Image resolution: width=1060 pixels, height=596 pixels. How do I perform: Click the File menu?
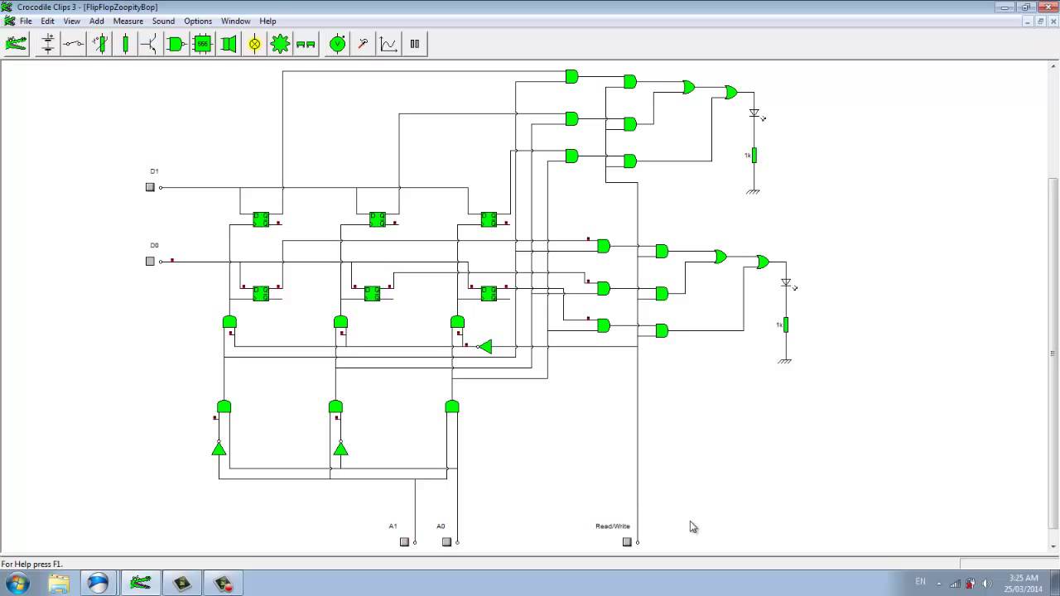coord(26,21)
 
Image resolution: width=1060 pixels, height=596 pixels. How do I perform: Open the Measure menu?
coord(128,21)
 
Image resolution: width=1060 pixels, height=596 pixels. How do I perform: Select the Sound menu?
coord(163,21)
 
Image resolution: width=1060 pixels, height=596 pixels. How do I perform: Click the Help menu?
coord(267,21)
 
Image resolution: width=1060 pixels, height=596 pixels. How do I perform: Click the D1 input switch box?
coord(150,187)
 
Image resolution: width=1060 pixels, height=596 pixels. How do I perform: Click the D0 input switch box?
coord(150,261)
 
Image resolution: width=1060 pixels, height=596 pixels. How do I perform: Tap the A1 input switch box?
coord(404,542)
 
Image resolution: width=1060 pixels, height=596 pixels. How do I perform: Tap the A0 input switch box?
coord(446,542)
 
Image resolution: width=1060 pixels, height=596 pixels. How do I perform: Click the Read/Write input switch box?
coord(627,542)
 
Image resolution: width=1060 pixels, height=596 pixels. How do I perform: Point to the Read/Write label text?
coord(612,526)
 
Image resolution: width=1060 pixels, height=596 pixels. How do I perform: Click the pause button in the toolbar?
coord(415,44)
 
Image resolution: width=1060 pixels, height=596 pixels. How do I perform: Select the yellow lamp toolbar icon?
coord(254,44)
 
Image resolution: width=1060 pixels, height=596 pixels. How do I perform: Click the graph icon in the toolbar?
coord(388,44)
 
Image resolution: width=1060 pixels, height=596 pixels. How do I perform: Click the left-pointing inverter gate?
coord(485,346)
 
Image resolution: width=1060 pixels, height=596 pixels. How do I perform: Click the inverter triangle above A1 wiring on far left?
coord(219,449)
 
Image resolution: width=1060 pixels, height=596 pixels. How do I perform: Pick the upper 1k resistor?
coord(754,156)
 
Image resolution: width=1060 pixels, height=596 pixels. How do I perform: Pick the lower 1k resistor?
coord(785,325)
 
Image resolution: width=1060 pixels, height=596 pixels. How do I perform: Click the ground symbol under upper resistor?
coord(753,192)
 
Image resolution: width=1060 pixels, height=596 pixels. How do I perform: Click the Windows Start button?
coord(17,583)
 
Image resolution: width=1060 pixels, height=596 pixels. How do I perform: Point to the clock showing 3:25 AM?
coord(1024,578)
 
